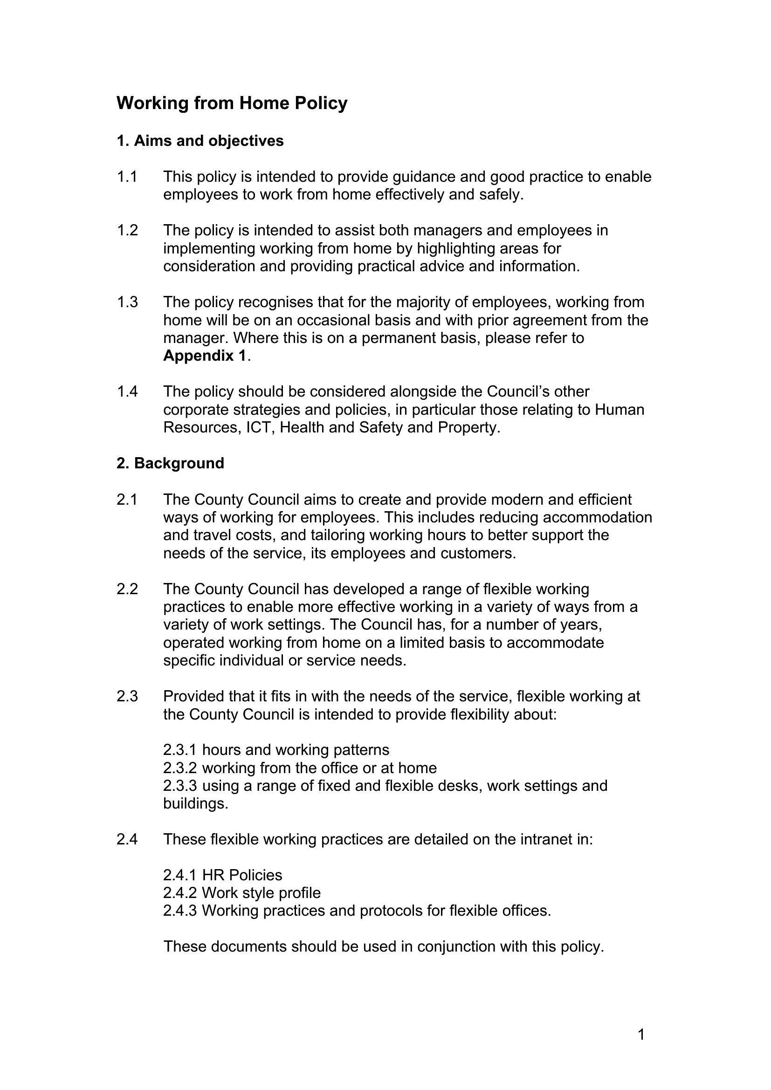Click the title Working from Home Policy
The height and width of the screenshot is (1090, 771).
point(232,103)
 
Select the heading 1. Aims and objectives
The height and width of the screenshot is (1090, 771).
point(200,141)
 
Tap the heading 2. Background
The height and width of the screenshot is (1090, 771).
point(170,463)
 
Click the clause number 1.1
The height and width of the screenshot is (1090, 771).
point(127,177)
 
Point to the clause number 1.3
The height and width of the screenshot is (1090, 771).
point(127,302)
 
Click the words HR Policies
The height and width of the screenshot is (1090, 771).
point(242,875)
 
